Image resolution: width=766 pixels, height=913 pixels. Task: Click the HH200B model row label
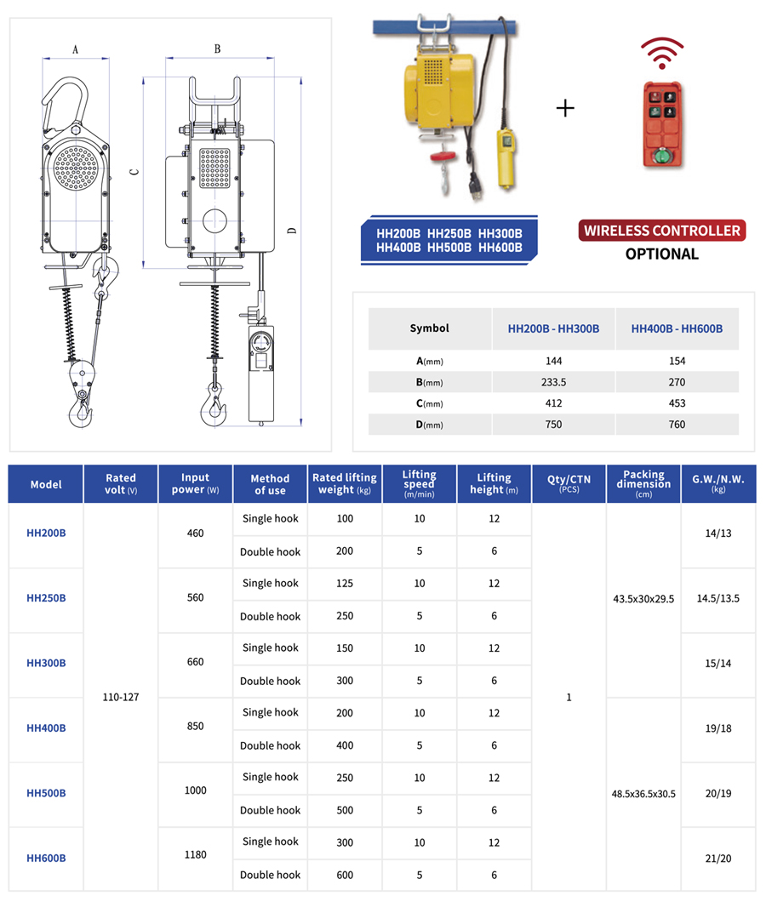46,534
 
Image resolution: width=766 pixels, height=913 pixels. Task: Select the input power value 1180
195,855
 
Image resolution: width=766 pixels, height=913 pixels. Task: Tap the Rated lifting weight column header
345,483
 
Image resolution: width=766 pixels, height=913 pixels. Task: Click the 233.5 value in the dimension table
553,382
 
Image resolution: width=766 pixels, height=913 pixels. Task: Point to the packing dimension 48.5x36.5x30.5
643,793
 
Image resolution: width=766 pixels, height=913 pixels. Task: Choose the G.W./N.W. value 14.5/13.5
718,598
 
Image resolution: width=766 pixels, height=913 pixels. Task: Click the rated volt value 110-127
120,697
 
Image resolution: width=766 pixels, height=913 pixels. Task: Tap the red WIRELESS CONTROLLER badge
661,231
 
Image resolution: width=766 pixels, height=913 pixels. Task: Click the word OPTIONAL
661,254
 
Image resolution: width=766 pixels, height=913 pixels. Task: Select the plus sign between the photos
565,108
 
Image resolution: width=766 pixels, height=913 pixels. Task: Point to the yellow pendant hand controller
508,157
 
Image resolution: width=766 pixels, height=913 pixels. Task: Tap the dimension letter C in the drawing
134,172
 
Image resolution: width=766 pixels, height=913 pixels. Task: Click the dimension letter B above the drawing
217,49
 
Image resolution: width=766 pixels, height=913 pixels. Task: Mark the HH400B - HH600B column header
677,328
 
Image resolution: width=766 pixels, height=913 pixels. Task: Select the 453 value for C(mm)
677,403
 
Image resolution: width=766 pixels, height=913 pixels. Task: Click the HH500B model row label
46,793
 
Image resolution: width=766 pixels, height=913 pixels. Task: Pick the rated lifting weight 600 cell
345,875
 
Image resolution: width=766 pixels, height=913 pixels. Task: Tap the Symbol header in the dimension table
429,328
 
